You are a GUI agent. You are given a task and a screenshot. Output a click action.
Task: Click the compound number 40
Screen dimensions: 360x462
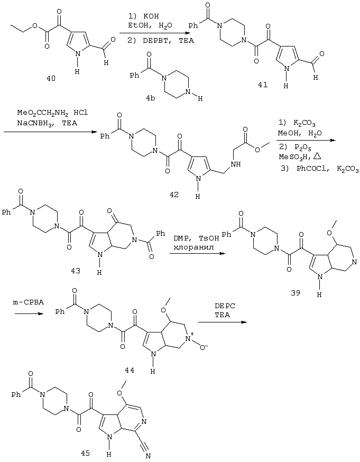click(51, 79)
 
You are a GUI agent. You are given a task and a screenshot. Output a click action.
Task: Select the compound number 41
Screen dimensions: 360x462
click(263, 85)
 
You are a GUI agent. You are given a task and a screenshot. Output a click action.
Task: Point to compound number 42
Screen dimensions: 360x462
click(174, 195)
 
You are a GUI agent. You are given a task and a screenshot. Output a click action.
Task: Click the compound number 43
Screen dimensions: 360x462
click(76, 270)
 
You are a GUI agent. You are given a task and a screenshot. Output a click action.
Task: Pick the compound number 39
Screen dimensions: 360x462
click(296, 292)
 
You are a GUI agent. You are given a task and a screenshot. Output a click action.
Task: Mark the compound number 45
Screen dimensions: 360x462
click(86, 453)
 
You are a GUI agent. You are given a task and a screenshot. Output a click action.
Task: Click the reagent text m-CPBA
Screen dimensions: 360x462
click(28, 302)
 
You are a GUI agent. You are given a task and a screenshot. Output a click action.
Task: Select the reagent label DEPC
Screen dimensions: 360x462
click(225, 306)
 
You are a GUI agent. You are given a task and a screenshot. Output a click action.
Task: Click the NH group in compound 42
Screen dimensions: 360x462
click(236, 164)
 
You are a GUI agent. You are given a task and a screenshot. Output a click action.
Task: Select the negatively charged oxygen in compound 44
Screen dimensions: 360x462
click(204, 348)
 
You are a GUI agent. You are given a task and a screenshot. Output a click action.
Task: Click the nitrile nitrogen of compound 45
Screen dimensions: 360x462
click(148, 456)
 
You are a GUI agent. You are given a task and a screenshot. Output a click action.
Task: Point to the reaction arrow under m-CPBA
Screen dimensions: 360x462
click(29, 314)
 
